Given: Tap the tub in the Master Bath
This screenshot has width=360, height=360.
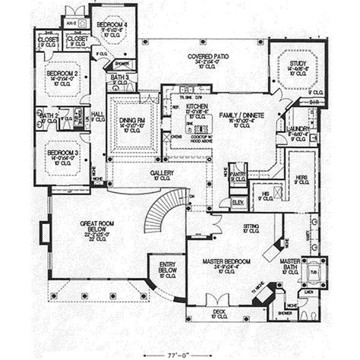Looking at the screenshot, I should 314,272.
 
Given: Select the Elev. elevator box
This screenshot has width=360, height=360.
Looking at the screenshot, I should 237,203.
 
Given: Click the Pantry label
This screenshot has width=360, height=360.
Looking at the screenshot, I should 239,174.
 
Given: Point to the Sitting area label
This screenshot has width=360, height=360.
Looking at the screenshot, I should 251,226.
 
